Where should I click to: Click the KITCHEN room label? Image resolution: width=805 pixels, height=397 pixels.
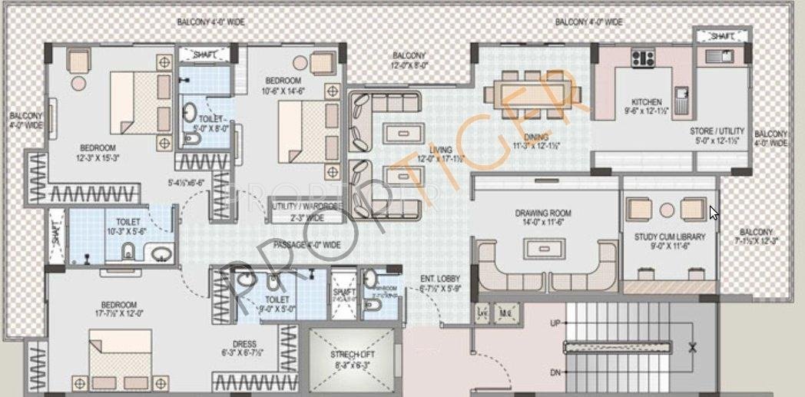click(646, 101)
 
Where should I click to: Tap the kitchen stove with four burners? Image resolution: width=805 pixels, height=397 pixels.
click(642, 58)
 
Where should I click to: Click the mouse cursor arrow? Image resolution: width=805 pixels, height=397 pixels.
click(714, 212)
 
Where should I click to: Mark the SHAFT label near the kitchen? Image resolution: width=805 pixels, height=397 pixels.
click(721, 36)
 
